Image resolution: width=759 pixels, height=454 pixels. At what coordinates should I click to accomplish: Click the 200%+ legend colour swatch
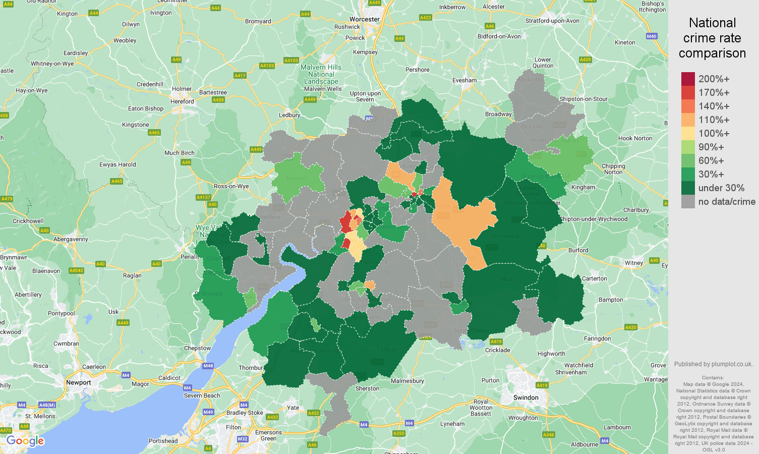coord(688,79)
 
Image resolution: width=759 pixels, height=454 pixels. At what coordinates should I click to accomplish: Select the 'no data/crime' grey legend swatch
coord(688,202)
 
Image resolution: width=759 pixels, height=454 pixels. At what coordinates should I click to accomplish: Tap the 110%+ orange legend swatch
coord(688,120)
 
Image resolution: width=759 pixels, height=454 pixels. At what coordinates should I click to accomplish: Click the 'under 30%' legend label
coord(721,188)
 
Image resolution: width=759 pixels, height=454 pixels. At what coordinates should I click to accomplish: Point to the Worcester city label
coord(364,19)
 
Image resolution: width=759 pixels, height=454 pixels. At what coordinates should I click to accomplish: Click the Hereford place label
coord(182,101)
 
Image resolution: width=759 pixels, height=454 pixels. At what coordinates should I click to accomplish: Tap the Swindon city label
coord(526,398)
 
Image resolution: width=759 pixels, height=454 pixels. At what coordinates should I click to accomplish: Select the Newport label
coord(79,382)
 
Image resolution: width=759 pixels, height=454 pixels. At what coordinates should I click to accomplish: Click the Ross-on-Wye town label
coord(231,186)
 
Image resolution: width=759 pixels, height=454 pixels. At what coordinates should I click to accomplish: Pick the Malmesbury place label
coord(407,381)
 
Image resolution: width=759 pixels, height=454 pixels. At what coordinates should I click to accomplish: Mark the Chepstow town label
coord(197,348)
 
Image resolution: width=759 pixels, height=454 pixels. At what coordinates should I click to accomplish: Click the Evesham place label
coord(464,80)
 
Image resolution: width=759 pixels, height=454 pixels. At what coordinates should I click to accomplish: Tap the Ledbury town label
coord(289,115)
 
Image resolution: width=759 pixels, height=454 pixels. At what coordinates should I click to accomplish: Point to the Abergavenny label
coord(71,239)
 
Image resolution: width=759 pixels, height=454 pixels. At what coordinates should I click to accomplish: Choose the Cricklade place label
coord(497,350)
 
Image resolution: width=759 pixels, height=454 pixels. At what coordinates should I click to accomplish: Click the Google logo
coord(25,441)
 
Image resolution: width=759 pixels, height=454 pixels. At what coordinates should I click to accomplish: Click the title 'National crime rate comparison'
coord(712,38)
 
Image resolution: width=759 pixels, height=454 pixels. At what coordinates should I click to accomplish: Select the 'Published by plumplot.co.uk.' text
coord(713,364)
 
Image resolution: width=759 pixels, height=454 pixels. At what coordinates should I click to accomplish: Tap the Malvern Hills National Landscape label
coord(321,74)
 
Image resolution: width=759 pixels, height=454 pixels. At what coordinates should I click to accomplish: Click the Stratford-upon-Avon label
coord(552,21)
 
